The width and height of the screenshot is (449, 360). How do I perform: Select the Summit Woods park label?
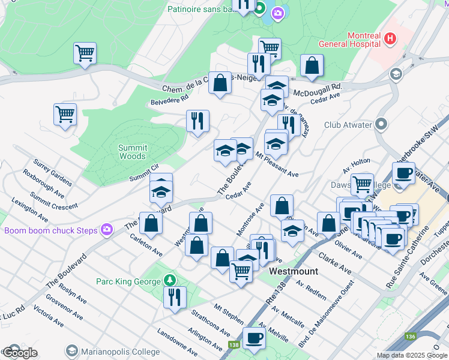tap(132, 152)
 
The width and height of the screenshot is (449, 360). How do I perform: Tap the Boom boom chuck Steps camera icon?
tap(107, 229)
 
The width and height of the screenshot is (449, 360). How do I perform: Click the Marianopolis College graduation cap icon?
tap(72, 350)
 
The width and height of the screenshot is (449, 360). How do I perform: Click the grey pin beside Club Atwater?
tap(381, 125)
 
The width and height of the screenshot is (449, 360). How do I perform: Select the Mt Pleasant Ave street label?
tap(277, 165)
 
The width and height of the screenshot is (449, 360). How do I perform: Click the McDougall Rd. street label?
tap(316, 89)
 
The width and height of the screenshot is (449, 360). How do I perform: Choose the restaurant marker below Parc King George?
tap(175, 298)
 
